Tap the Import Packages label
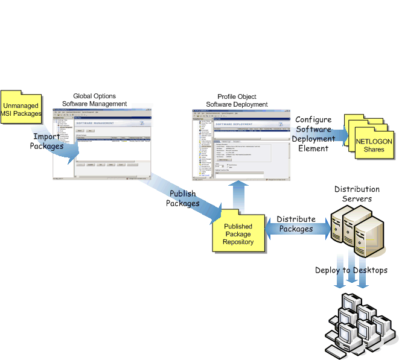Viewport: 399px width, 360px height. (46, 142)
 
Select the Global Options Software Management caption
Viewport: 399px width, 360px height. (94, 99)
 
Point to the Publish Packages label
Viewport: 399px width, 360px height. (182, 199)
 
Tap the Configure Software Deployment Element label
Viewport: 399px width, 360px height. (313, 134)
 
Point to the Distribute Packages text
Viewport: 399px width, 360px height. (296, 224)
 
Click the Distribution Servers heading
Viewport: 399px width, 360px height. (357, 194)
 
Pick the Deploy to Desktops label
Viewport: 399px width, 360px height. (351, 270)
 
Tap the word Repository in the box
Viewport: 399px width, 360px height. (238, 241)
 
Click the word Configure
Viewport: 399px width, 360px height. (313, 119)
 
